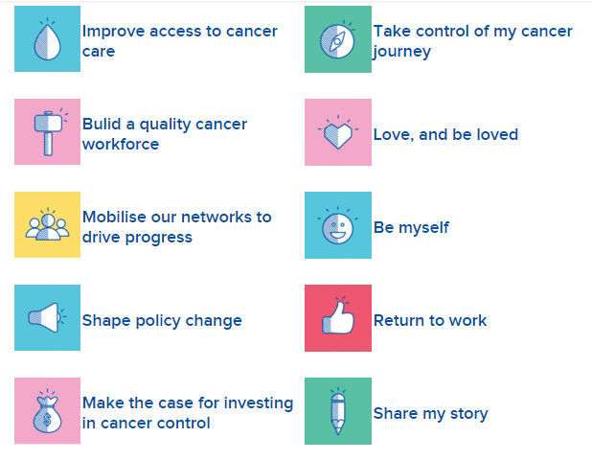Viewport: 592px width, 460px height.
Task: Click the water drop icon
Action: click(x=47, y=42)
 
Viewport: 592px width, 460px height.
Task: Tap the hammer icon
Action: click(x=48, y=133)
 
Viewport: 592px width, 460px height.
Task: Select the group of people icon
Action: click(x=47, y=227)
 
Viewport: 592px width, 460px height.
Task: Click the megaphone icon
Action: click(x=44, y=317)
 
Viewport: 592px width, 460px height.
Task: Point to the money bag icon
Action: click(x=47, y=415)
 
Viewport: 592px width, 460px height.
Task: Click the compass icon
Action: click(x=337, y=41)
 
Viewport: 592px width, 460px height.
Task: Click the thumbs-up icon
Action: click(x=338, y=317)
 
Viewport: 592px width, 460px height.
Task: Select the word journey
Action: click(x=401, y=52)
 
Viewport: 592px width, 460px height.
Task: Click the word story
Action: click(x=469, y=414)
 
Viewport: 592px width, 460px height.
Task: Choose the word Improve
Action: click(x=114, y=32)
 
